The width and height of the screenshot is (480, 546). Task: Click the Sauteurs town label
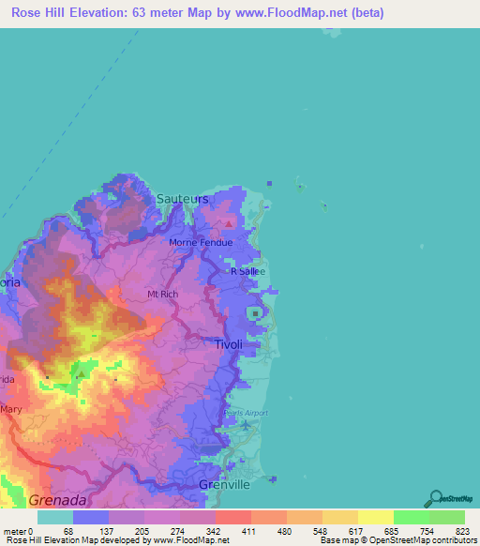(183, 199)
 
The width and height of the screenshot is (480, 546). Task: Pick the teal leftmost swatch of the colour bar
(54, 517)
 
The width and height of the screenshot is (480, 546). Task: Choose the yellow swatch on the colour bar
(375, 517)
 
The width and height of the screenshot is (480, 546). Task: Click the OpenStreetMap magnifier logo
(435, 497)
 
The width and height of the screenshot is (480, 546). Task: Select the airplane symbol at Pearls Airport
(245, 426)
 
